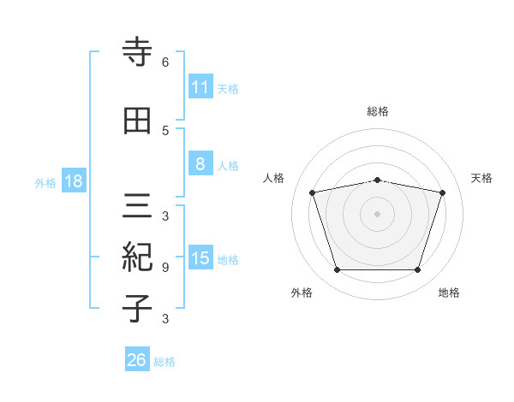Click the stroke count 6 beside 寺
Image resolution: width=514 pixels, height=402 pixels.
click(165, 62)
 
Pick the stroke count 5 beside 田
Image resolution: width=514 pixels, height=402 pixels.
click(165, 130)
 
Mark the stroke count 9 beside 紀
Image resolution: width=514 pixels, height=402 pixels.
click(165, 268)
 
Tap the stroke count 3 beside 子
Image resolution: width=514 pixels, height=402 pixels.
click(165, 319)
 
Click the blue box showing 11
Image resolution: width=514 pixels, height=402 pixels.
click(200, 87)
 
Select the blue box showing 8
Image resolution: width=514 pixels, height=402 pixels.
click(200, 165)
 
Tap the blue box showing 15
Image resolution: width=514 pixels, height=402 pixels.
click(200, 258)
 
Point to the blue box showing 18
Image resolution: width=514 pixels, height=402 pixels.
click(73, 181)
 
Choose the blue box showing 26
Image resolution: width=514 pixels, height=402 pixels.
click(136, 360)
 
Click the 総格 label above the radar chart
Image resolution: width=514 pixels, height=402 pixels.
click(377, 111)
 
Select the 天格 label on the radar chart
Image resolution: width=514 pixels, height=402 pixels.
click(481, 178)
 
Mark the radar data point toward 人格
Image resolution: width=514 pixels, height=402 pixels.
click(313, 192)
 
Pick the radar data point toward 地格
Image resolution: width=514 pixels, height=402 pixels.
click(417, 270)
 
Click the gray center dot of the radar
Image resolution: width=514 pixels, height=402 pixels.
click(377, 214)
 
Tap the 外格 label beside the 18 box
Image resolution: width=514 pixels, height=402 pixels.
click(45, 182)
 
